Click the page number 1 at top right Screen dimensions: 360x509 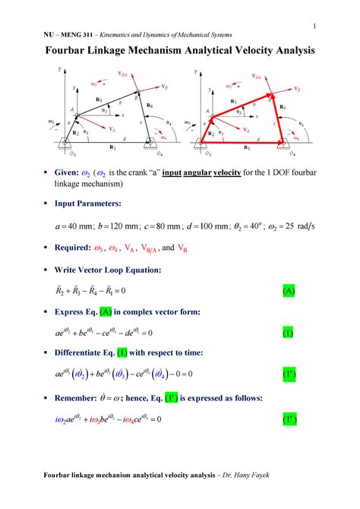[x=314, y=27]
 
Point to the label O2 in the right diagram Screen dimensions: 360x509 [x=213, y=150]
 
